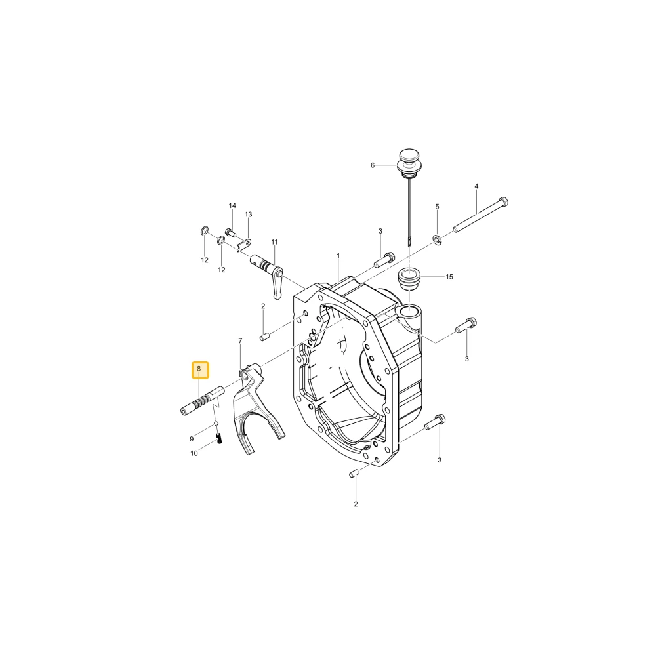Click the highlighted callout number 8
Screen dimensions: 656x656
(x=199, y=369)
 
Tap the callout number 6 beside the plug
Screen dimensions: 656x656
(x=373, y=165)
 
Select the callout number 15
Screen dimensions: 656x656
(x=449, y=277)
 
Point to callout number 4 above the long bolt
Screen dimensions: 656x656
(x=476, y=186)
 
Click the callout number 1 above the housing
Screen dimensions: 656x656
(x=338, y=256)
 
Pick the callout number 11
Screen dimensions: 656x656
(x=274, y=242)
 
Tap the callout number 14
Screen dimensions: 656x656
(x=232, y=205)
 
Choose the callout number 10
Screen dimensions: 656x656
(x=194, y=453)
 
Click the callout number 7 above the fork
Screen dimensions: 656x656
(x=240, y=341)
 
